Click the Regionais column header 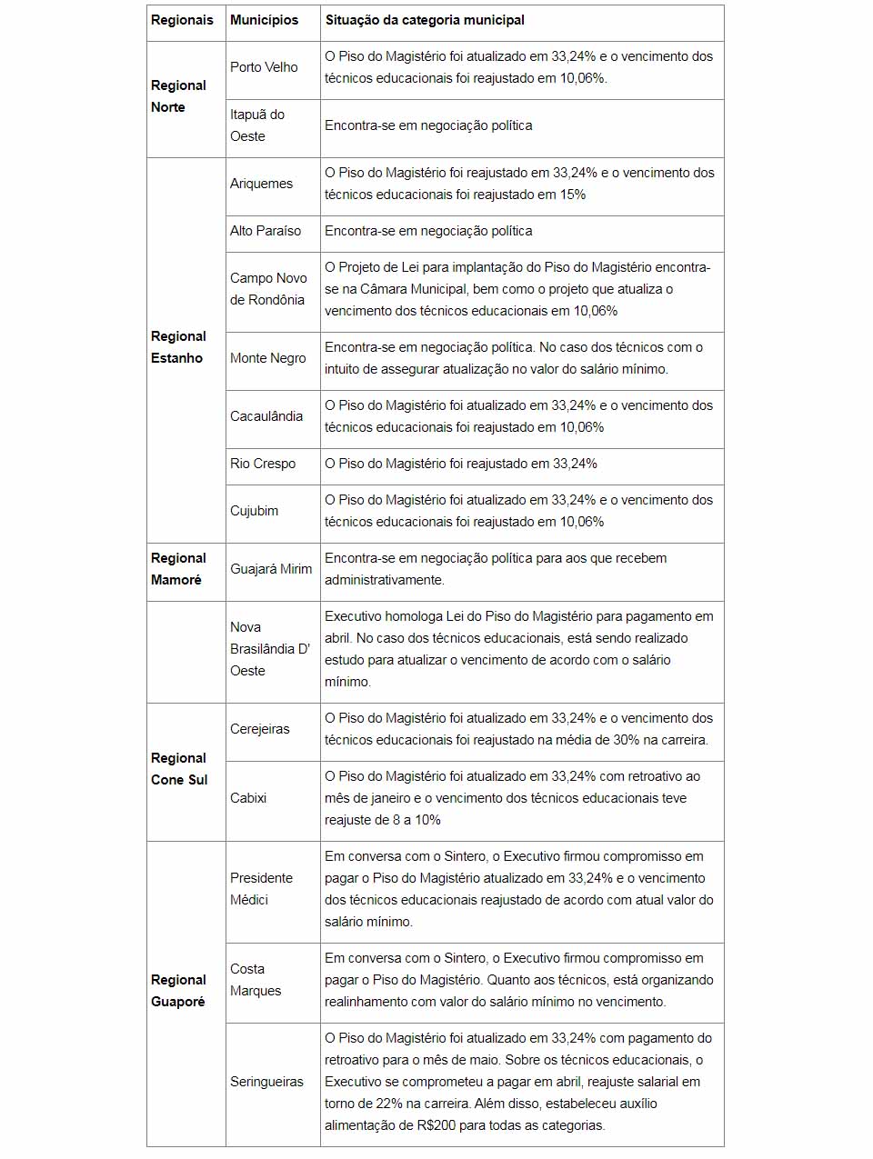[x=182, y=20]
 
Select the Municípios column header [x=264, y=20]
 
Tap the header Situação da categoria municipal [x=425, y=20]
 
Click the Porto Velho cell [x=264, y=67]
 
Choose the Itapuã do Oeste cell [x=257, y=125]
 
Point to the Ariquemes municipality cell [x=261, y=184]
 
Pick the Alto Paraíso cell [x=266, y=231]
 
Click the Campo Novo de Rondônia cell [x=268, y=289]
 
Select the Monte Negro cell [x=268, y=358]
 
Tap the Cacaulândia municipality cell [x=266, y=416]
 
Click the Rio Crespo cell [x=263, y=464]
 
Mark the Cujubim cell [x=255, y=511]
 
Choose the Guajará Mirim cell [x=271, y=569]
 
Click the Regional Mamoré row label [x=178, y=569]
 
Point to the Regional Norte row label [x=178, y=96]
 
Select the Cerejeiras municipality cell [x=260, y=729]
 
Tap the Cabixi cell [x=248, y=798]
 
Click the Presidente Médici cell [x=261, y=889]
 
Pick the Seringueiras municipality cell [x=266, y=1082]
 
